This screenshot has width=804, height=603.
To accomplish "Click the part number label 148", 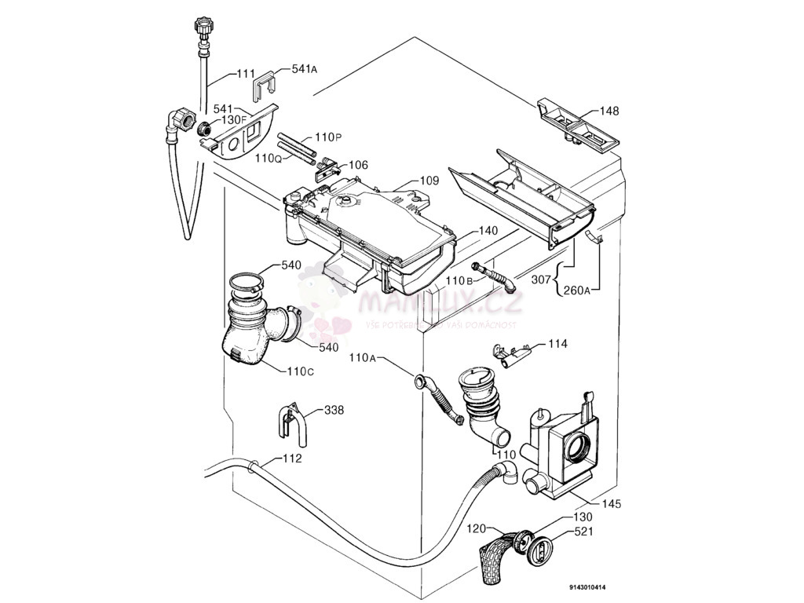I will pyautogui.click(x=609, y=111).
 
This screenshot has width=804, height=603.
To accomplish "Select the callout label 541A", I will pyautogui.click(x=303, y=69).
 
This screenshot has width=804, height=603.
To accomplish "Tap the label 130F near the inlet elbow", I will pyautogui.click(x=233, y=119).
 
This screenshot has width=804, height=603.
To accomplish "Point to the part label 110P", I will pyautogui.click(x=328, y=137).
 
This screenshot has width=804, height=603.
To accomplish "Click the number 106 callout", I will pyautogui.click(x=358, y=165).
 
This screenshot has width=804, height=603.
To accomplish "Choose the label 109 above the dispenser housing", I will pyautogui.click(x=428, y=181).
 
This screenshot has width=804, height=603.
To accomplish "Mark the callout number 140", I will pyautogui.click(x=488, y=231).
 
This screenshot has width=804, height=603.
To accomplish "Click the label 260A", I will pyautogui.click(x=577, y=291).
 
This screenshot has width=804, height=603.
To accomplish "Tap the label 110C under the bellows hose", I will pyautogui.click(x=300, y=371).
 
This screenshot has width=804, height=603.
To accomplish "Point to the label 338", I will pyautogui.click(x=334, y=410).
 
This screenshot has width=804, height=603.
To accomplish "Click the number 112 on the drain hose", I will pyautogui.click(x=291, y=459).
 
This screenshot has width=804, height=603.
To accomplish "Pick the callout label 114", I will pyautogui.click(x=557, y=344).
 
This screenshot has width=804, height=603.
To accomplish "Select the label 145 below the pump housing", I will pyautogui.click(x=611, y=504).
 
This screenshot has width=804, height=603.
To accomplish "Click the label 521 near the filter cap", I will pyautogui.click(x=583, y=532).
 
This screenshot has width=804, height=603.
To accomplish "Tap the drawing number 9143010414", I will pyautogui.click(x=588, y=587).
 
